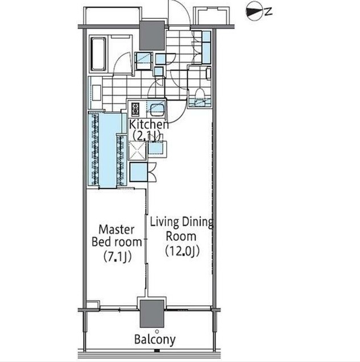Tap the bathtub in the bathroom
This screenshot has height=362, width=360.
[x=98, y=54]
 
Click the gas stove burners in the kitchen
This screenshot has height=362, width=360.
[x=135, y=110]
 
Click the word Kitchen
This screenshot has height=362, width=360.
[x=149, y=124]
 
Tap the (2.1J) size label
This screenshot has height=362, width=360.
[x=147, y=135]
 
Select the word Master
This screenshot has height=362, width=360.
[x=116, y=230]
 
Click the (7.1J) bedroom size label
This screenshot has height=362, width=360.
[x=118, y=256]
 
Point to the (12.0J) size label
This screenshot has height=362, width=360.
[x=183, y=251]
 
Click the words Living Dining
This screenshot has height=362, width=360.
[x=181, y=222]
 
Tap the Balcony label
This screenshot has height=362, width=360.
[x=155, y=339]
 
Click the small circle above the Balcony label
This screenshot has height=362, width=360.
[x=157, y=331]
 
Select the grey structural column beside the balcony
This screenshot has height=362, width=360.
[x=152, y=314]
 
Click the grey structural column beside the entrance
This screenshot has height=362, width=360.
[x=152, y=36]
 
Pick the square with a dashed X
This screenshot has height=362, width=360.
[x=137, y=151]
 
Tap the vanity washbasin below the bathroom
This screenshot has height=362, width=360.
[x=97, y=93]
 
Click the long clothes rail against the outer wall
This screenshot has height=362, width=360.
[x=94, y=148]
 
